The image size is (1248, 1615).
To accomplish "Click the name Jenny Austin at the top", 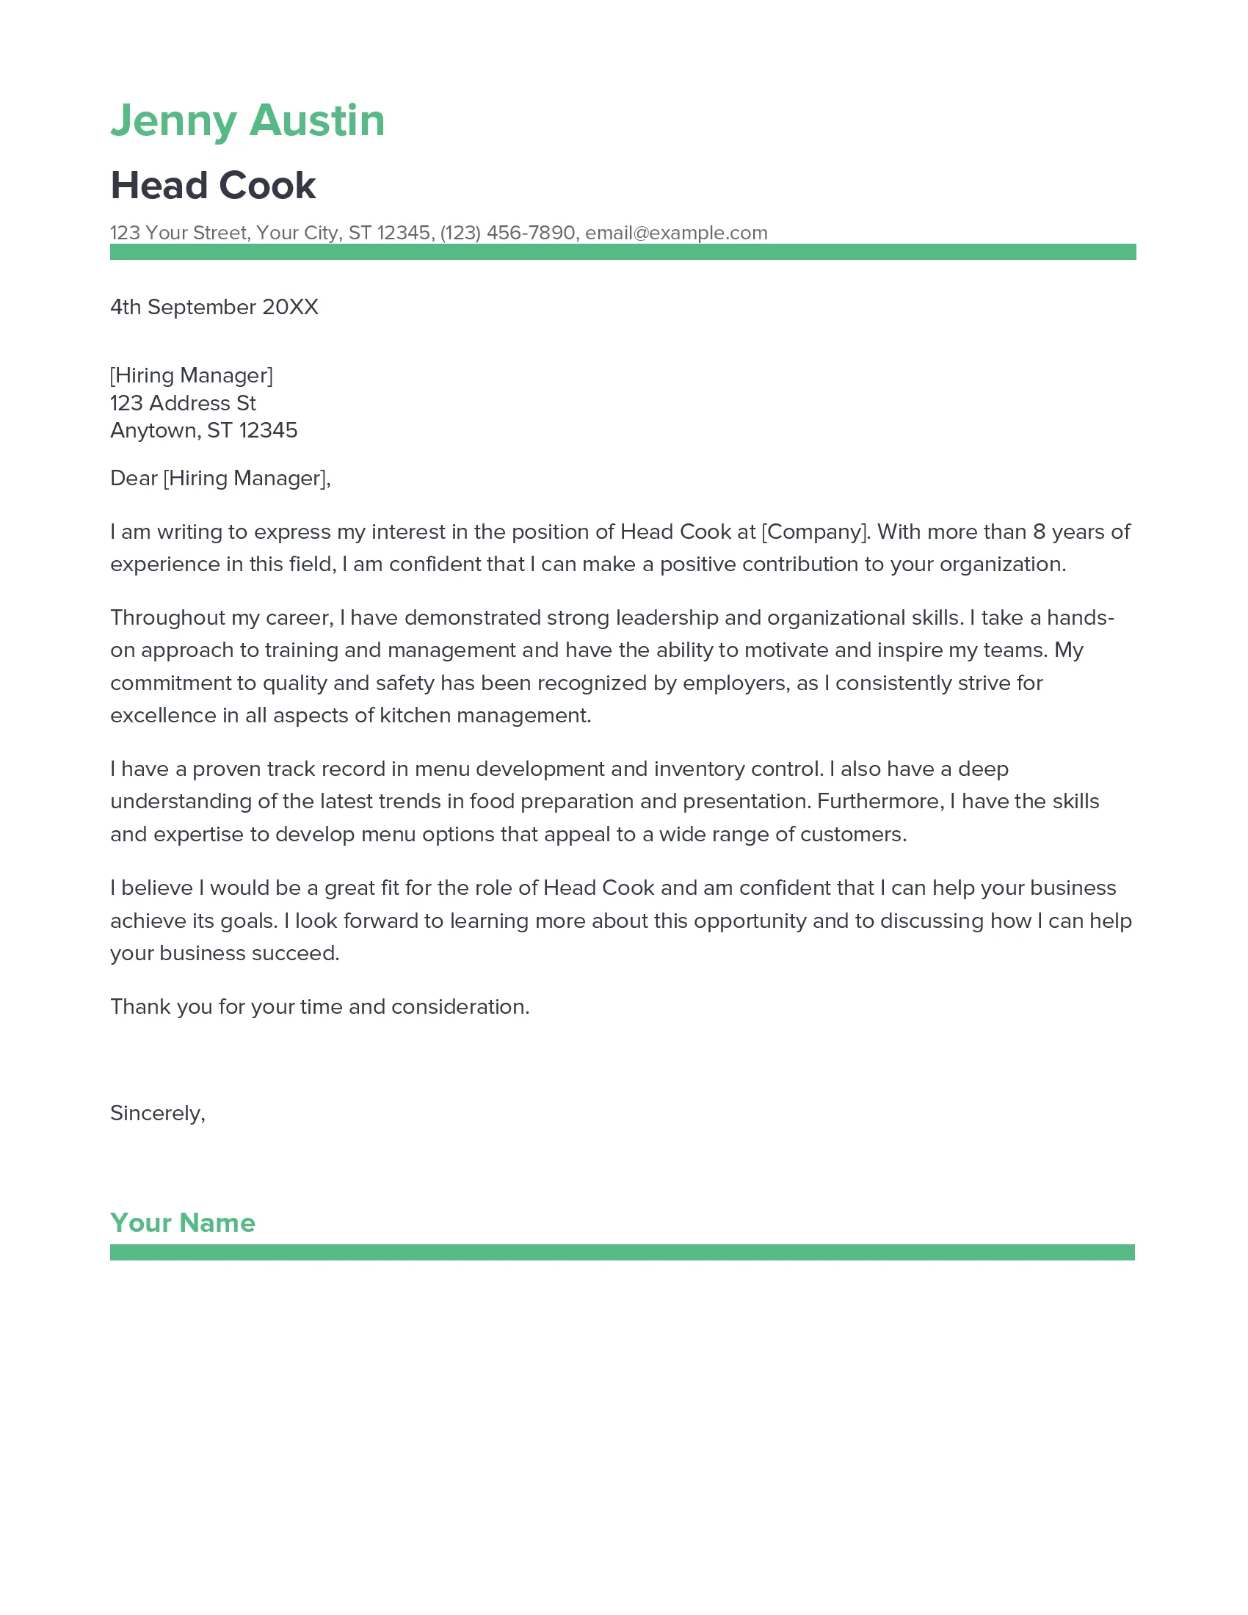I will tap(247, 120).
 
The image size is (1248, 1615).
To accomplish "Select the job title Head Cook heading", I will tap(213, 186).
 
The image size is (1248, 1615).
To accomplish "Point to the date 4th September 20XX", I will tap(214, 307).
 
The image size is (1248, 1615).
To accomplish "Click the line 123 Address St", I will tap(183, 403).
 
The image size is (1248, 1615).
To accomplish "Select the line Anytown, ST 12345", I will tap(203, 430).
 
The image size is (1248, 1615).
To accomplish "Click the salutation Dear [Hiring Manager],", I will tap(220, 479).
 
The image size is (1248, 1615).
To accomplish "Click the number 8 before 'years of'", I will tap(1039, 531).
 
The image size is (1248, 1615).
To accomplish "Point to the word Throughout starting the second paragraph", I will tap(167, 617).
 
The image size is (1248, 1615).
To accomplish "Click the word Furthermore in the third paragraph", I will tap(879, 802).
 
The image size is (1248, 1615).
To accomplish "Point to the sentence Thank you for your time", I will tap(319, 1007).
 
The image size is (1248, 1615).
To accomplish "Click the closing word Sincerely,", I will tap(158, 1114).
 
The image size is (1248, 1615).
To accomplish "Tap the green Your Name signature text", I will tap(183, 1223).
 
